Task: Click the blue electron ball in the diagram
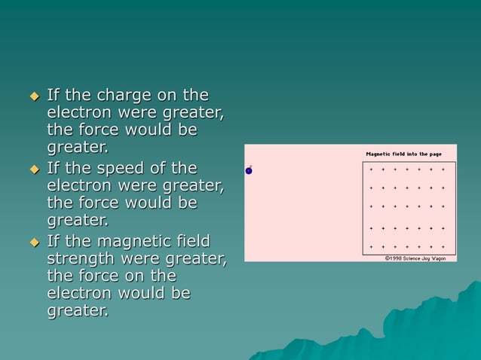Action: point(249,171)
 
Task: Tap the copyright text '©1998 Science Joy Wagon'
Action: point(415,258)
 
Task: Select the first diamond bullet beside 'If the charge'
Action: point(33,96)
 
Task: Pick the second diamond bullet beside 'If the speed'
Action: point(33,169)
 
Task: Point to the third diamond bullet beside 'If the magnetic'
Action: point(33,243)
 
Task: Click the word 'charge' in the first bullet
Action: point(125,95)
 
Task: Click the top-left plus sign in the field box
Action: point(371,169)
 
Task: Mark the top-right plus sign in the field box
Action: point(443,169)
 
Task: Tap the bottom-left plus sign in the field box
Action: point(371,246)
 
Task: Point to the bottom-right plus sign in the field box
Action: point(443,246)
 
